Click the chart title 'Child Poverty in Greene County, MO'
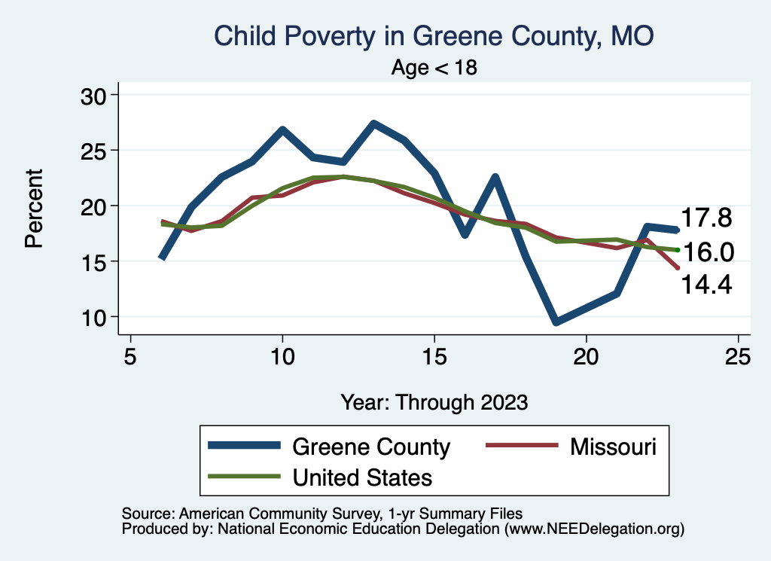coord(434,35)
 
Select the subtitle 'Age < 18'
coord(434,67)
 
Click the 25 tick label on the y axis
coord(96,151)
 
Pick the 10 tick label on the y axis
coord(96,317)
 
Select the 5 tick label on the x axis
coord(131,356)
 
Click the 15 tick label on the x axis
coord(434,356)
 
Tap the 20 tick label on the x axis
coord(587,356)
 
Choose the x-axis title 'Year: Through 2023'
coord(434,401)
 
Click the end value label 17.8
coord(706,218)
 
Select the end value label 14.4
coord(706,284)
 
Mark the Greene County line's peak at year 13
coord(374,123)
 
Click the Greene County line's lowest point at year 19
coord(556,322)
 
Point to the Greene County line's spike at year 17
coord(495,177)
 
